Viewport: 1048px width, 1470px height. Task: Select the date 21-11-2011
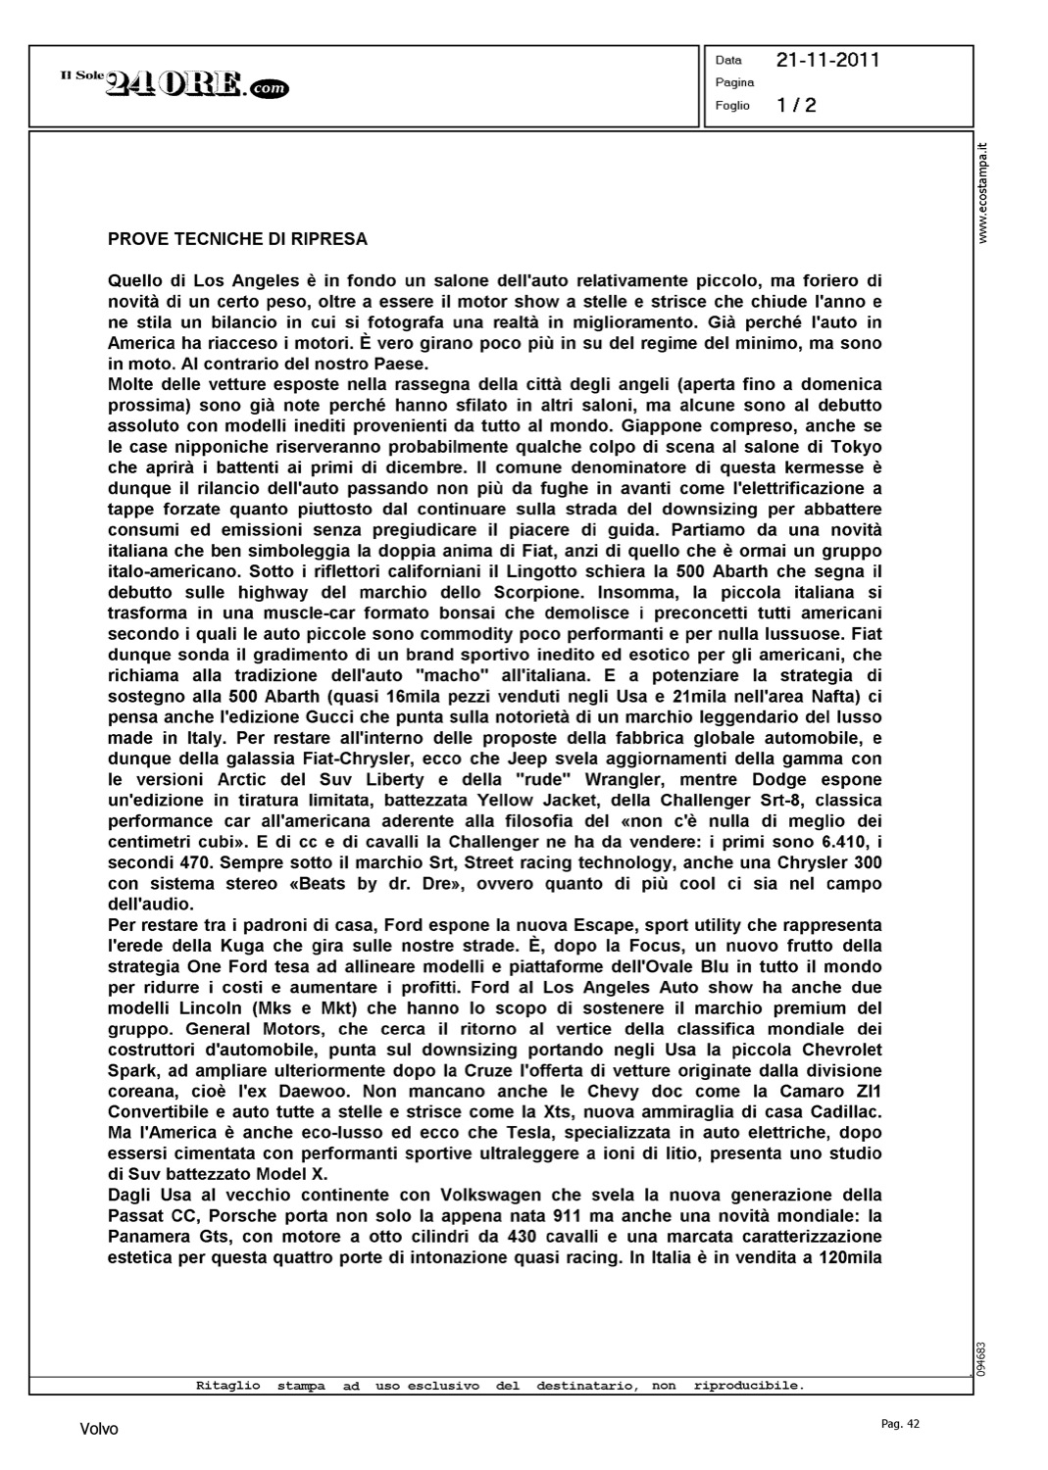pyautogui.click(x=827, y=60)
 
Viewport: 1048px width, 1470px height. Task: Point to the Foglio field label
pyautogui.click(x=732, y=105)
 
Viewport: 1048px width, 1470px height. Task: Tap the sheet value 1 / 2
pyautogui.click(x=796, y=105)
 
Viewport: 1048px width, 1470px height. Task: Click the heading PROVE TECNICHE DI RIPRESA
pyautogui.click(x=237, y=238)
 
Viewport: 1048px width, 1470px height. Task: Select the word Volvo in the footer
pyautogui.click(x=99, y=1429)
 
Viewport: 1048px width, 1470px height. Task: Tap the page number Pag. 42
pyautogui.click(x=900, y=1424)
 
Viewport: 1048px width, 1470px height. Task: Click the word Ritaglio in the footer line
pyautogui.click(x=227, y=1386)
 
